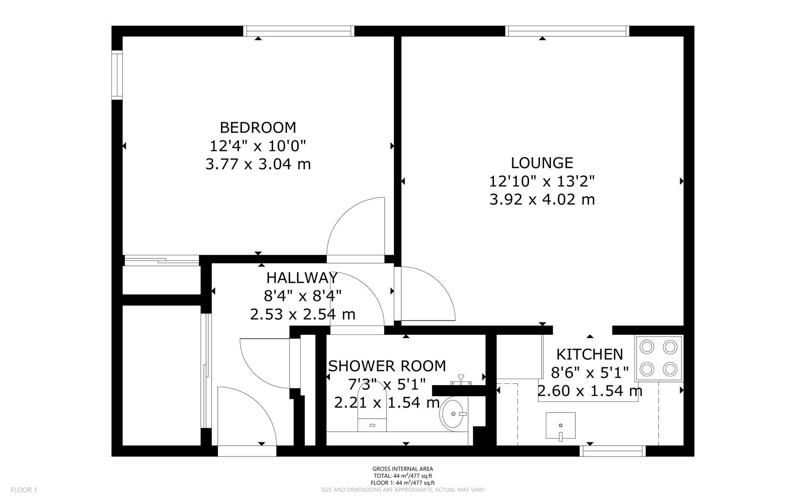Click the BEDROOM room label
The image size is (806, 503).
point(258,127)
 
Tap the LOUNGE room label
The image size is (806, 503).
point(542,163)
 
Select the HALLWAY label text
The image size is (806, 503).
point(302,278)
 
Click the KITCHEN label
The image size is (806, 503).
point(590,354)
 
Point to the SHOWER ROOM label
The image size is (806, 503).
point(387,366)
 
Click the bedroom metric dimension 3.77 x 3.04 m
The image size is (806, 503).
point(258,164)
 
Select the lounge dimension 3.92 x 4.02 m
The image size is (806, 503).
point(542,199)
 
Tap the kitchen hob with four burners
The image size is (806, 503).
point(658,358)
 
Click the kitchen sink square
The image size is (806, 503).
point(560,425)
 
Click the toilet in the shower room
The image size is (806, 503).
point(372,410)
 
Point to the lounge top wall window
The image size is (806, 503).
point(567,31)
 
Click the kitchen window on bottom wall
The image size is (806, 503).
point(613,451)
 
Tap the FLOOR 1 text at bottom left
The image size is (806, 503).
point(24,489)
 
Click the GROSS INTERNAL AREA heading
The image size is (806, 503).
point(403,469)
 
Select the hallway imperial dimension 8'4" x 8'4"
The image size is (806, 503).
point(303,296)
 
